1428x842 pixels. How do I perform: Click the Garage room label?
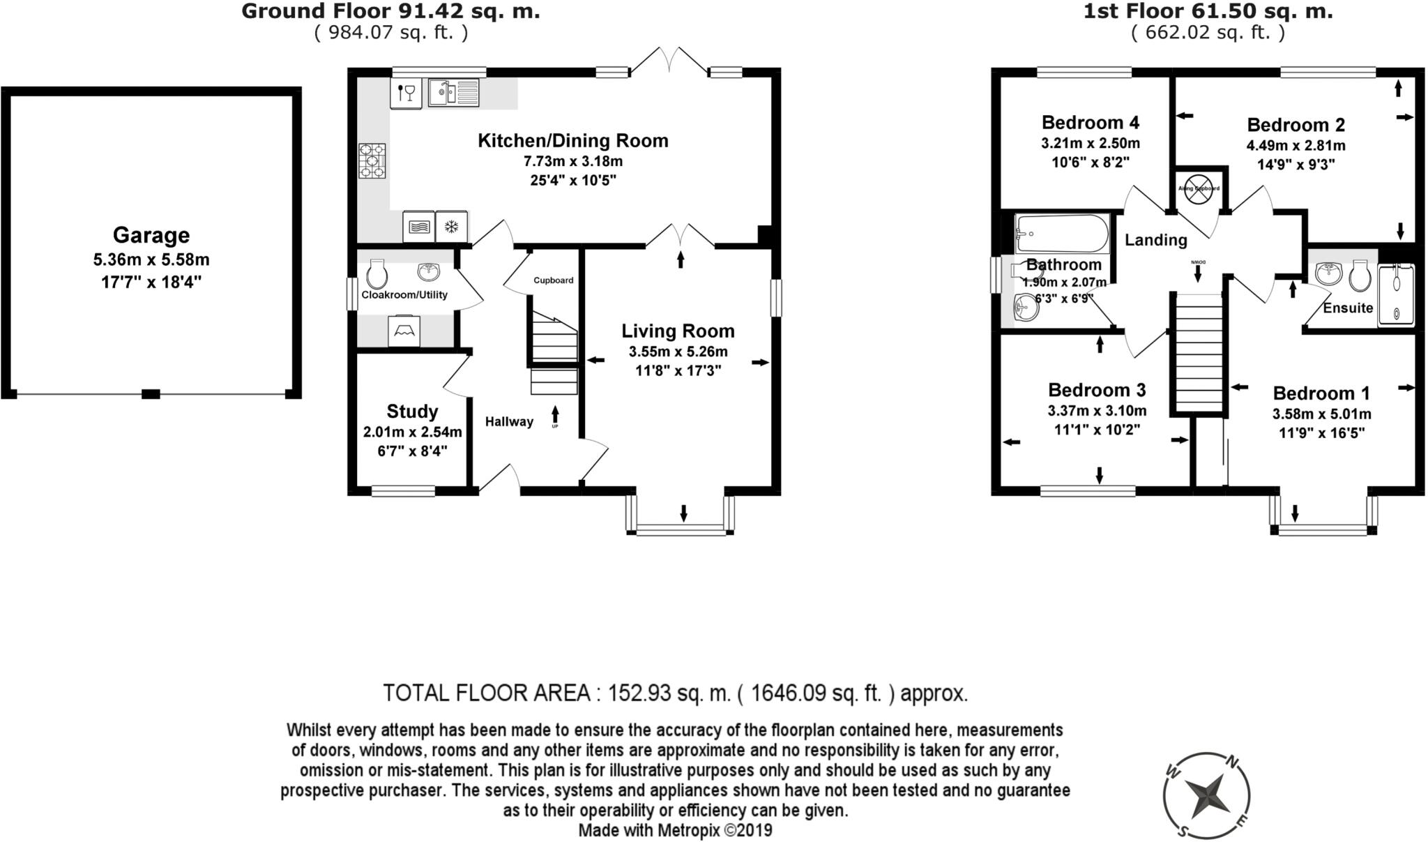coord(151,235)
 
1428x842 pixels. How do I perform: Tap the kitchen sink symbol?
coord(453,93)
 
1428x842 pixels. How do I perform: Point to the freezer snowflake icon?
coord(452,227)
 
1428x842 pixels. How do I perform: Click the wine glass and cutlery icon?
coord(406,92)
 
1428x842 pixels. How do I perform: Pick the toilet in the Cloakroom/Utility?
coord(377,273)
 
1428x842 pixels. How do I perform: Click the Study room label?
coord(412,411)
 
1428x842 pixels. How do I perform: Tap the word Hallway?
coord(509,421)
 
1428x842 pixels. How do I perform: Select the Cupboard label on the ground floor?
coord(554,280)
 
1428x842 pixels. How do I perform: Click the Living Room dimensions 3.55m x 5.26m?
coord(678,352)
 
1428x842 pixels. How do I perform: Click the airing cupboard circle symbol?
coord(1199,189)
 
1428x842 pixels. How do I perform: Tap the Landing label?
coord(1155,240)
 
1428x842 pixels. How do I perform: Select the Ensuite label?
coord(1348,308)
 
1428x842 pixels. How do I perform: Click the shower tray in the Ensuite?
coord(1396,295)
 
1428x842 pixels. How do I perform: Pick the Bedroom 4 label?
coord(1091,123)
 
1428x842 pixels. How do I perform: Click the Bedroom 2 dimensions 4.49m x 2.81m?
coord(1296,146)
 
